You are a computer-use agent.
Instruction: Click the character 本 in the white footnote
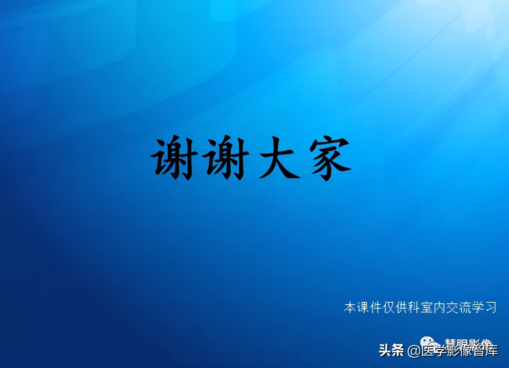(350, 308)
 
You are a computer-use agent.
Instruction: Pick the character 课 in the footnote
(363, 308)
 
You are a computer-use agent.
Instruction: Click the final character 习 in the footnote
(491, 308)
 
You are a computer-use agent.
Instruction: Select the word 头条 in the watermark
(391, 350)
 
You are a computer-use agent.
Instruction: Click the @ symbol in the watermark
(414, 351)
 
